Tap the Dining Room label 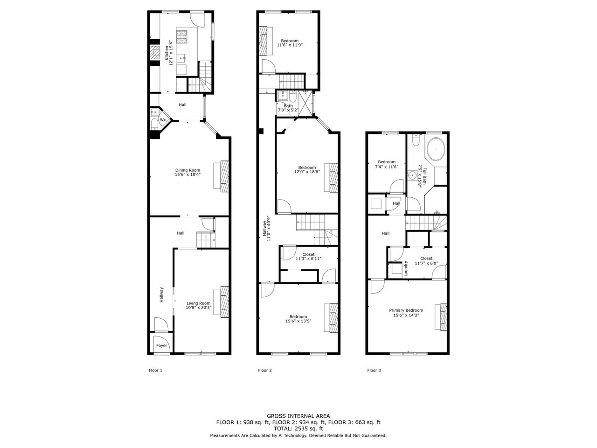(187, 170)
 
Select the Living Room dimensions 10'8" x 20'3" (199, 308)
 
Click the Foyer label (161, 345)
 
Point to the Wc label (163, 120)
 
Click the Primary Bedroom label (406, 310)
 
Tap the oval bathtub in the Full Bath (436, 149)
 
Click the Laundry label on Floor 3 (406, 268)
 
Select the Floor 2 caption (265, 370)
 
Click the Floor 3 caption (374, 370)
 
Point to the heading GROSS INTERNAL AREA (298, 416)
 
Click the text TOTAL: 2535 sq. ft (298, 429)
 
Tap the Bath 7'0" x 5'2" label (288, 108)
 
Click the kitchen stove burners (182, 37)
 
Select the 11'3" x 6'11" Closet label (308, 257)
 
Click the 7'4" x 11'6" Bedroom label (387, 164)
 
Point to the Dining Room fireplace (224, 176)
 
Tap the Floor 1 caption (156, 370)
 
